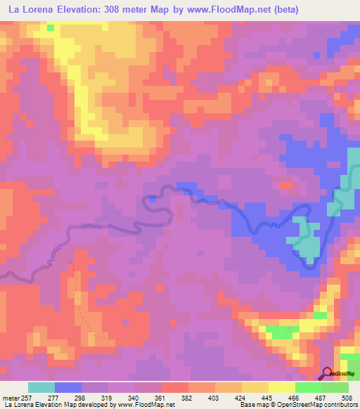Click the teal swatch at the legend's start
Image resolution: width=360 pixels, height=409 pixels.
coord(41,387)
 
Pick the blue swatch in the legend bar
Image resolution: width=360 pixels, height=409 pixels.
coord(68,387)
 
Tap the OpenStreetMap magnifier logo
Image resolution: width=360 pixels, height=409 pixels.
coord(328,373)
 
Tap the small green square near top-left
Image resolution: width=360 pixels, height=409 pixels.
coord(51,27)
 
